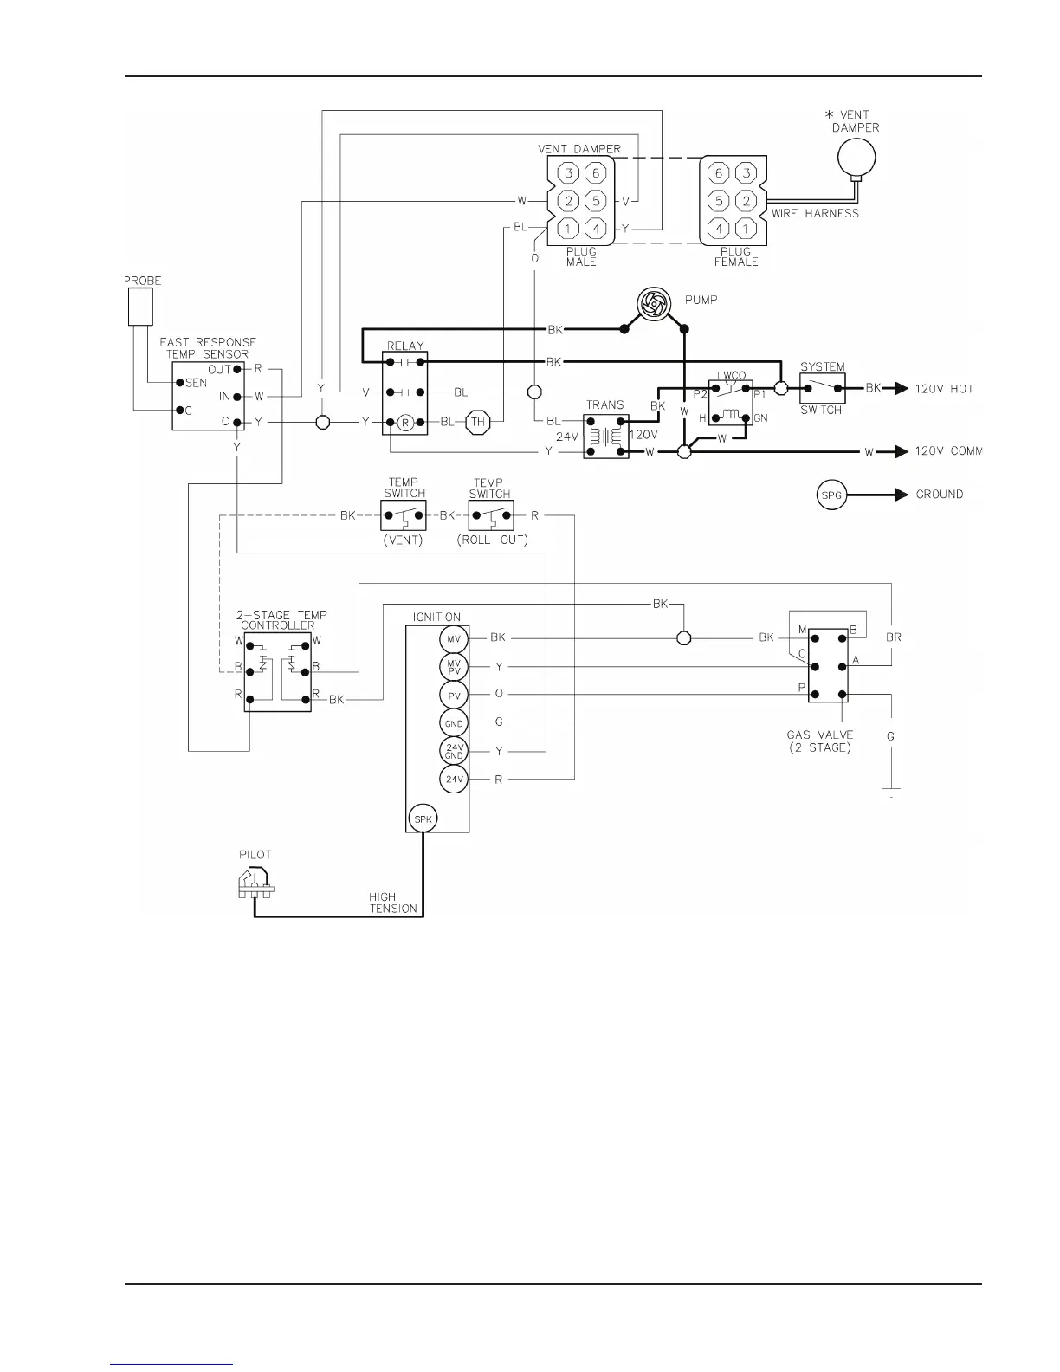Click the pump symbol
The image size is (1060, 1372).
tap(655, 304)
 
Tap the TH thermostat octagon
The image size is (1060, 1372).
tap(477, 422)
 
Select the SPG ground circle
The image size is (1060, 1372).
tap(831, 495)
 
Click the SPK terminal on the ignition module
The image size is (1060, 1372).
tap(423, 819)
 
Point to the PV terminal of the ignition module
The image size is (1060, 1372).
tap(453, 695)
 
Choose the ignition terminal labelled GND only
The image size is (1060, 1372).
tap(453, 723)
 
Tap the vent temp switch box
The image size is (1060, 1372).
tap(404, 514)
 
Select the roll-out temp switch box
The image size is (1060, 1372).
tap(490, 514)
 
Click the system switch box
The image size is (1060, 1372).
tap(822, 388)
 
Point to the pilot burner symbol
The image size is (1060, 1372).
tap(255, 882)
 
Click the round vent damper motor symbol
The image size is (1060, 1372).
tap(856, 158)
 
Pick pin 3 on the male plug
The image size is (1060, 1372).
tap(567, 172)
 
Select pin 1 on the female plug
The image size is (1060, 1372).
tap(747, 229)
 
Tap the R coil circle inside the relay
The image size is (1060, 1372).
tap(404, 422)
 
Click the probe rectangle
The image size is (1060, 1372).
tap(140, 307)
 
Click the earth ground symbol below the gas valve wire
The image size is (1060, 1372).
tap(891, 792)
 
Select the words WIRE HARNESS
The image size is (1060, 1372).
tap(815, 213)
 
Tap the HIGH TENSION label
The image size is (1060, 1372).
tap(393, 903)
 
